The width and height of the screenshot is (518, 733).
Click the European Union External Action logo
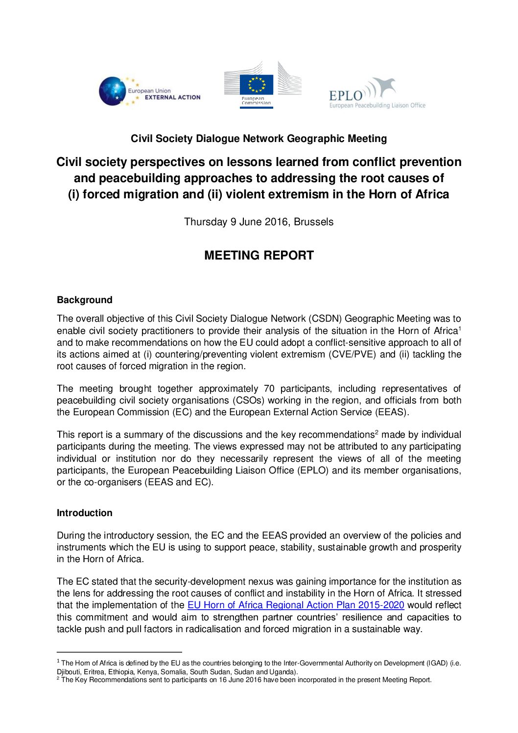click(x=149, y=92)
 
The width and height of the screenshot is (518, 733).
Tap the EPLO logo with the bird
click(x=377, y=93)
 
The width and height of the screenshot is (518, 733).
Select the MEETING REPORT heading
click(x=259, y=256)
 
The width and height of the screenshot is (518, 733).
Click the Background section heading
click(x=84, y=300)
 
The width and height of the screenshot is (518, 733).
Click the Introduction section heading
click(x=84, y=513)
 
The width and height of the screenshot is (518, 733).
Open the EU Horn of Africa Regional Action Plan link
click(x=296, y=605)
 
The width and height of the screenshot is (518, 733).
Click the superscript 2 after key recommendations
click(x=377, y=432)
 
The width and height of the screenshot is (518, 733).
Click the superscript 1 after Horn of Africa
click(x=459, y=328)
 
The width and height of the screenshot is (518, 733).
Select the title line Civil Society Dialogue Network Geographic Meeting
click(x=259, y=139)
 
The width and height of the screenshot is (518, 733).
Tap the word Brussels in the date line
click(x=313, y=222)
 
